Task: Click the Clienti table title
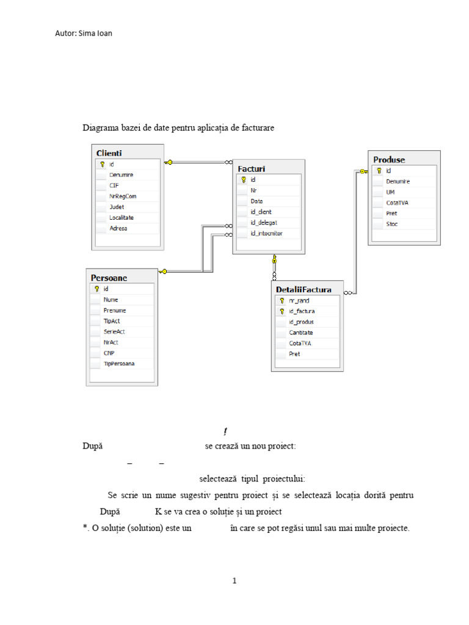pos(109,153)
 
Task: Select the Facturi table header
pos(252,168)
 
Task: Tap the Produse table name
pos(389,160)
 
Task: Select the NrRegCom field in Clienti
pos(123,196)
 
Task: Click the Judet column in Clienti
pos(117,207)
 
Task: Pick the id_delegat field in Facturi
pos(264,223)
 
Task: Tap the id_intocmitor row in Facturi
pos(266,233)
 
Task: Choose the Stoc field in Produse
pos(392,225)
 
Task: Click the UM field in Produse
pos(390,192)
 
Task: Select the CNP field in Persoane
pos(109,353)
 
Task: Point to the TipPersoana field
pos(119,364)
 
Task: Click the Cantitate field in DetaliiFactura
pos(301,333)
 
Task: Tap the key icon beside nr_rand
pos(282,301)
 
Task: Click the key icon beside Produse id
pos(379,171)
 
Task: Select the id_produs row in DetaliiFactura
pos(301,322)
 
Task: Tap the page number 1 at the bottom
pos(234,581)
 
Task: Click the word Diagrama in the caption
pos(99,128)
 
